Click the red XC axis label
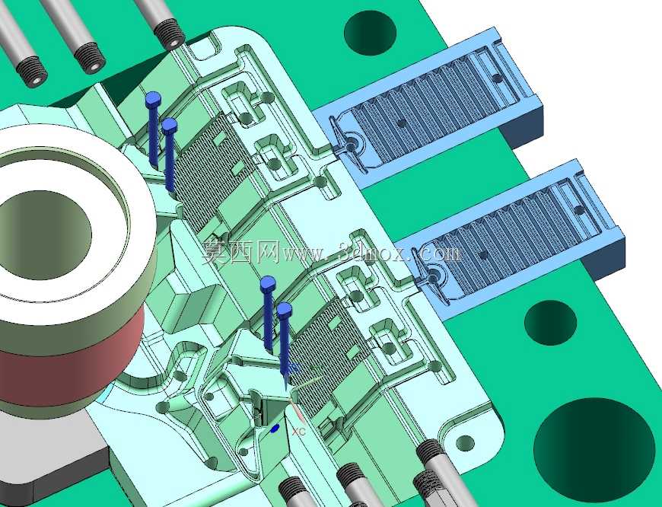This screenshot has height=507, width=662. coord(298,432)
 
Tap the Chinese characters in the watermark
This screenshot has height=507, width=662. coord(240,252)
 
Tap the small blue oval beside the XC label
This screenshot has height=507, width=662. coord(275,429)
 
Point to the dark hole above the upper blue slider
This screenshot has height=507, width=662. coord(371,33)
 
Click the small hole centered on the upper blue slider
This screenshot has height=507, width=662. coord(402,123)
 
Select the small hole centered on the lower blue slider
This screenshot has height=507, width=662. coord(482,255)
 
